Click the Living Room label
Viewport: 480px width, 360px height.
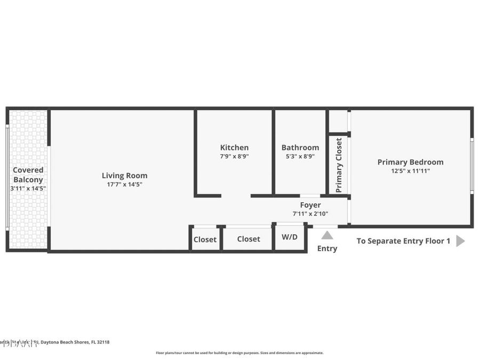(124, 175)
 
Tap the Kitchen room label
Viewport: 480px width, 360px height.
(234, 148)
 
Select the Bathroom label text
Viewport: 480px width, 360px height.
(300, 148)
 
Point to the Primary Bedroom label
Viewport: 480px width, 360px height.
(410, 162)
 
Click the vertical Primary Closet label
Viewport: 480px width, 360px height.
(339, 165)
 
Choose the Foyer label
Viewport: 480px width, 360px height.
(310, 205)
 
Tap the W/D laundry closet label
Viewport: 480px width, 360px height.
(290, 237)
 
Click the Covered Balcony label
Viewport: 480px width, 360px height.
(28, 175)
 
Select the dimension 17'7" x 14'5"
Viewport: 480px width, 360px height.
(124, 185)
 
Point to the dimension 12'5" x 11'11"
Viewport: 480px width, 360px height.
(410, 171)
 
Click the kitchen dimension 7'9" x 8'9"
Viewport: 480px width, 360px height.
(234, 157)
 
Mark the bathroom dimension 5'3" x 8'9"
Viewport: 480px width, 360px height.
(300, 157)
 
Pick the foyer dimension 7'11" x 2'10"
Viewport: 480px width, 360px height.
(310, 214)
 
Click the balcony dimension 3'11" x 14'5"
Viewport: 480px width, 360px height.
(28, 188)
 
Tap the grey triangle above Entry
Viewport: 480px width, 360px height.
(327, 235)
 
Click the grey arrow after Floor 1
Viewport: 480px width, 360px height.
(460, 241)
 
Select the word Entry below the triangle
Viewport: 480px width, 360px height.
(327, 249)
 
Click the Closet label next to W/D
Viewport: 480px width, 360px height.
(249, 239)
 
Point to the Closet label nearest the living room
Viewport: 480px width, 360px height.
(205, 239)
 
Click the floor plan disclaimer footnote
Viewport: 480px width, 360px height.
(239, 353)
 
